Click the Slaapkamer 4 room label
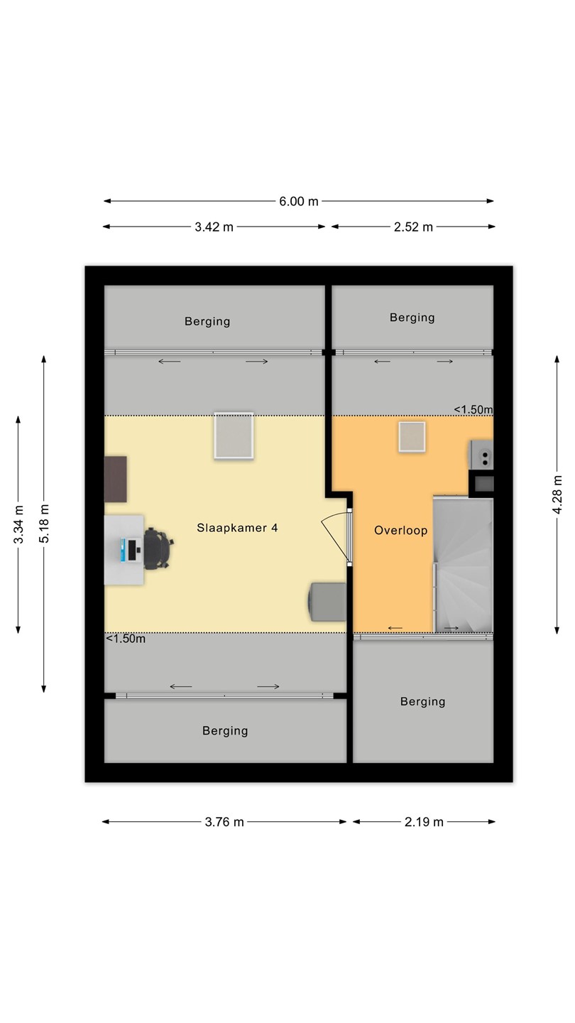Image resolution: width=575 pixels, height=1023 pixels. click(237, 528)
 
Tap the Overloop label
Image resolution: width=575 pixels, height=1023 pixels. click(400, 531)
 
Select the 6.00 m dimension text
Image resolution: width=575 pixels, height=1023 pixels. click(298, 202)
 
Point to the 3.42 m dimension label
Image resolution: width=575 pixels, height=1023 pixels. click(214, 227)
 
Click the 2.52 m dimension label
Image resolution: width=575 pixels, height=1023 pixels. click(413, 227)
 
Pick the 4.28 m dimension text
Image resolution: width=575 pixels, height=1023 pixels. click(557, 494)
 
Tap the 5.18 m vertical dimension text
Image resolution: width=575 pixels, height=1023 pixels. click(44, 524)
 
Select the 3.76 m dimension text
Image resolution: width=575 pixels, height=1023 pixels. click(224, 823)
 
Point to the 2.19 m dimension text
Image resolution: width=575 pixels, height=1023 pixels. click(424, 823)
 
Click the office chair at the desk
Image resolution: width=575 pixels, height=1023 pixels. click(158, 548)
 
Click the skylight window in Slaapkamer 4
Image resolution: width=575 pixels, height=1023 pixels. click(234, 435)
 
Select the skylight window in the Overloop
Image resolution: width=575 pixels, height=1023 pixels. click(412, 437)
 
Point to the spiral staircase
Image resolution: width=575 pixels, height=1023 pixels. click(463, 565)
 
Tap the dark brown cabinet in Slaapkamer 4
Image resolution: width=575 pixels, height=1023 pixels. click(116, 479)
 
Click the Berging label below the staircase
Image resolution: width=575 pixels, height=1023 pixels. click(422, 701)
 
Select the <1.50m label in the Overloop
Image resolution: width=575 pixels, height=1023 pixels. click(473, 410)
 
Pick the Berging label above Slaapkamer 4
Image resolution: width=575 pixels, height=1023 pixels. click(207, 322)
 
